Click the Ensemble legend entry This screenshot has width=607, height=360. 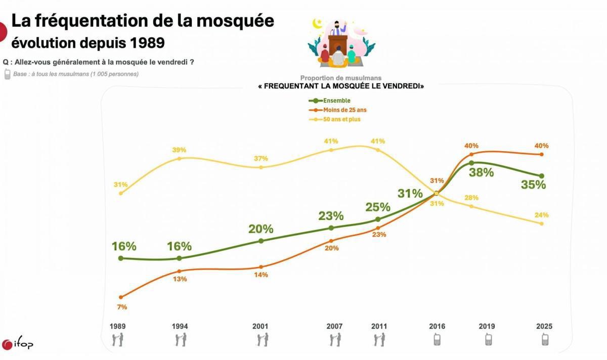(332, 101)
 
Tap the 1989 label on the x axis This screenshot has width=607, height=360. (117, 327)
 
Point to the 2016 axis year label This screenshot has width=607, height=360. (437, 327)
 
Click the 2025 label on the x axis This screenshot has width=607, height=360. (544, 327)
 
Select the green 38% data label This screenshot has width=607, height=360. (481, 172)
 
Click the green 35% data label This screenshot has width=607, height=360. (534, 185)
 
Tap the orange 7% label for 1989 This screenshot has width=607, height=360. (122, 307)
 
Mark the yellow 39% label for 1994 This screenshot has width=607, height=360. (179, 150)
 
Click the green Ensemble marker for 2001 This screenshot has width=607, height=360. (261, 241)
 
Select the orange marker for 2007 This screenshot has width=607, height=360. (331, 241)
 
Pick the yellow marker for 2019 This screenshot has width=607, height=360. (471, 206)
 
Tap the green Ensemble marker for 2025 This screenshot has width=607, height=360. (542, 176)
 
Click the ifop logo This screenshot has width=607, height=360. (18, 344)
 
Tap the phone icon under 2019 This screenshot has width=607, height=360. (488, 340)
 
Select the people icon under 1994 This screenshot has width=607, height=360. (180, 340)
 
